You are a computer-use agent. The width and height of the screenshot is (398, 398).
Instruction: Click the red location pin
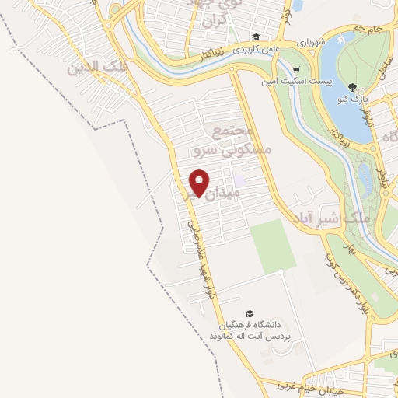point(200,183)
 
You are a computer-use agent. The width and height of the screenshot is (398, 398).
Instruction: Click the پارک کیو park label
point(354,99)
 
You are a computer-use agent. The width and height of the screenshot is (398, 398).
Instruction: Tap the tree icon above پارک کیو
point(354,86)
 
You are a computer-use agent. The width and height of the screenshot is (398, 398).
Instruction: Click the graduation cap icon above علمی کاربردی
point(255,36)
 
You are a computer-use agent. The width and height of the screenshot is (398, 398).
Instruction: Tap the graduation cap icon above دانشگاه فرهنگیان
point(249,312)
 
